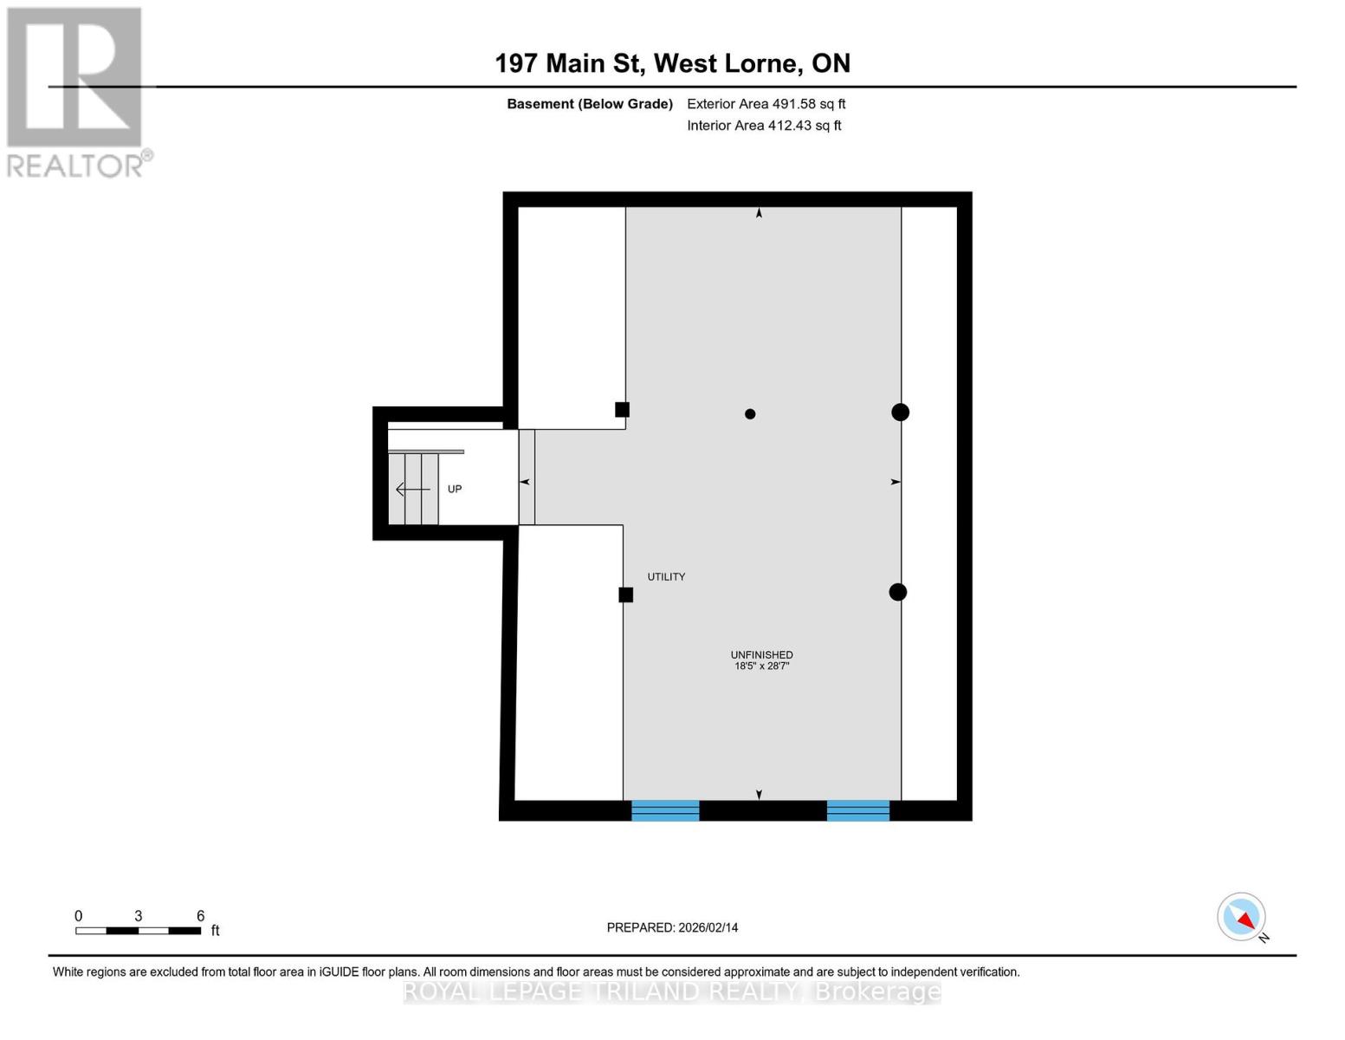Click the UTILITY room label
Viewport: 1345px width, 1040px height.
tap(666, 577)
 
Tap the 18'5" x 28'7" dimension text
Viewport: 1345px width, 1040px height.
tap(761, 666)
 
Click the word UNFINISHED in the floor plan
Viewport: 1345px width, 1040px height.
tap(761, 655)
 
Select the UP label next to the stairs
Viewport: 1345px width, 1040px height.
tap(455, 490)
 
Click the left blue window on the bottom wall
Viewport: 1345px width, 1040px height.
tap(665, 810)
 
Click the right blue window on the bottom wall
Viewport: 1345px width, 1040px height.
tap(857, 810)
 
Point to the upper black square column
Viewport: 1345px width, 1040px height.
tap(622, 410)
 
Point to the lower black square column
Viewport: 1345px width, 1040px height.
tap(625, 595)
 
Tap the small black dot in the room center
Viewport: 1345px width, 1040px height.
tap(750, 414)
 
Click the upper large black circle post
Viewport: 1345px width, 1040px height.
tap(900, 413)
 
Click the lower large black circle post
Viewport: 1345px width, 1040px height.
tap(898, 592)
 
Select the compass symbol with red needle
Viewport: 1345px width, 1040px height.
tap(1242, 917)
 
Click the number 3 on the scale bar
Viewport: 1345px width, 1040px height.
tap(139, 916)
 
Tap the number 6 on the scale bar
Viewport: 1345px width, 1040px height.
tap(200, 916)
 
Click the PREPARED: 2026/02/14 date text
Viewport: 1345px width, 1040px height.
tap(672, 927)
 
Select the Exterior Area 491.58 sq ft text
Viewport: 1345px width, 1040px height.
tap(766, 104)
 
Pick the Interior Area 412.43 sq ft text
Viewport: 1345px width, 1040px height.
tap(764, 126)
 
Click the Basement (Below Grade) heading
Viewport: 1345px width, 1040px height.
tap(589, 104)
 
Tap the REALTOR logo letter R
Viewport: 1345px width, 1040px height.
tap(74, 78)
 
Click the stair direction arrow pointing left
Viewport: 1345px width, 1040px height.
tap(412, 490)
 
